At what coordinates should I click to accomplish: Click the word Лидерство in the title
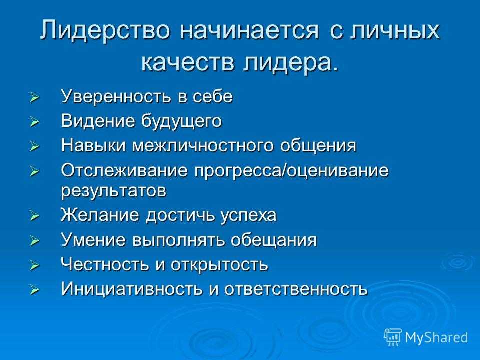(104, 30)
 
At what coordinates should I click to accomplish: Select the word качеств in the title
(187, 63)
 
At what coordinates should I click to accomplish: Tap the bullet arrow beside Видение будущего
(34, 123)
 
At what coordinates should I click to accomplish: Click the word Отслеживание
(124, 170)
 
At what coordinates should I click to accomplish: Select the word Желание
(100, 215)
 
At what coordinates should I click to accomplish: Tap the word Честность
(104, 264)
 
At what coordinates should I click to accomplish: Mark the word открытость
(219, 265)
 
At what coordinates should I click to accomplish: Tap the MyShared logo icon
(393, 337)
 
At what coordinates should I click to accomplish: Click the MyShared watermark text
(436, 337)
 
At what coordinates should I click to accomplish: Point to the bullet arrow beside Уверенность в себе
(34, 98)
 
